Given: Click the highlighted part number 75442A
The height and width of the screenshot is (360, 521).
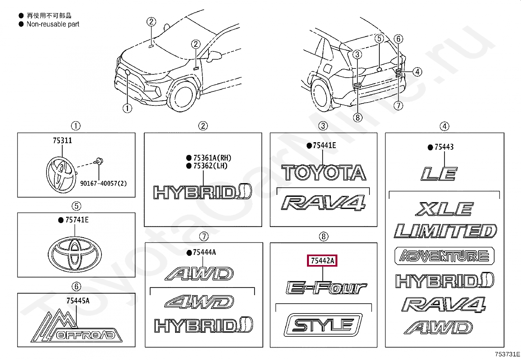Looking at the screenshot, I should point(323,261).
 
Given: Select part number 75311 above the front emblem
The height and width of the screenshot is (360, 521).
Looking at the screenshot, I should point(62,141).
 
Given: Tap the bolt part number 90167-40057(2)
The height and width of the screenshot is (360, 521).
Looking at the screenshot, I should point(103,183).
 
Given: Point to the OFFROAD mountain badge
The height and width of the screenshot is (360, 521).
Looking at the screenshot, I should point(77,327).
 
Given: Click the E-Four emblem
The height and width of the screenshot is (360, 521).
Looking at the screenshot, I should point(326,288).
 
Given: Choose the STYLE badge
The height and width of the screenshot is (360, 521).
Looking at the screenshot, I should point(323,325).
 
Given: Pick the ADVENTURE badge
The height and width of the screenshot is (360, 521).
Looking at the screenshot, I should point(444,256).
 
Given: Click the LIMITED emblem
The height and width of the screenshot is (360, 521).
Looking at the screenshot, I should point(445,231).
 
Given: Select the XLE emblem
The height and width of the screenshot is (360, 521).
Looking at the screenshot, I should point(444,209).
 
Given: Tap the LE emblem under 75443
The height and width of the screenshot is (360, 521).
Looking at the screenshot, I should point(439,174).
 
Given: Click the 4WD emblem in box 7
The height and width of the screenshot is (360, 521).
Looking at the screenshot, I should point(199,302).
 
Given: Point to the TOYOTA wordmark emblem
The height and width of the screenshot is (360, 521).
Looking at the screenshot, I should point(323,173).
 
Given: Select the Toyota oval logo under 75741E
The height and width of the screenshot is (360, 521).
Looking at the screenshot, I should point(75,253).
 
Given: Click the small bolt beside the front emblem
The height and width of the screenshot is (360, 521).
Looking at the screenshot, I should point(98,161).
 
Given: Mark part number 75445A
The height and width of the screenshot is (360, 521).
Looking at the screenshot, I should point(78,301).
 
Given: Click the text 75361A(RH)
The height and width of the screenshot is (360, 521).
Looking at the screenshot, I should point(212,158).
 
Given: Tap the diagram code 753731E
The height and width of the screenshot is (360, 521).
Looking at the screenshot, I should point(507,354).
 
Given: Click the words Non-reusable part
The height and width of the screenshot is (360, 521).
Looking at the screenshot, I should point(53,24).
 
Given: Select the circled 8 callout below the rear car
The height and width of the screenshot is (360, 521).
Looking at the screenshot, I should point(357,117).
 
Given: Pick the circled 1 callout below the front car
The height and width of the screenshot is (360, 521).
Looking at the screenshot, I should point(127,108).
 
